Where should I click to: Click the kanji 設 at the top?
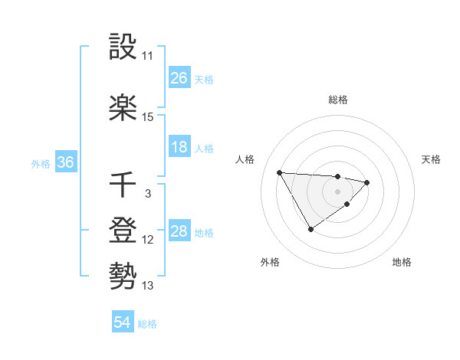point(123,47)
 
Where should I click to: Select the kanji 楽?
point(123,107)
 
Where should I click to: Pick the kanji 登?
point(123,231)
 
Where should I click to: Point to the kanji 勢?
point(123,275)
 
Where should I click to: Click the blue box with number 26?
point(179,78)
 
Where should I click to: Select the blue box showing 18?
point(179,147)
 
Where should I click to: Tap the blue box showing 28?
point(179,231)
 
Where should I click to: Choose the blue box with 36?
point(65,162)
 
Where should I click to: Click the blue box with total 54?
point(123,322)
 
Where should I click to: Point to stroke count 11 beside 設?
point(147,56)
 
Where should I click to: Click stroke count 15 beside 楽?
point(147,117)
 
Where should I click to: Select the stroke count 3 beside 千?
point(147,194)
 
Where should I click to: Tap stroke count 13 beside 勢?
point(147,286)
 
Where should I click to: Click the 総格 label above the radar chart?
point(337,100)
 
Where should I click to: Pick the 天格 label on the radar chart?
point(432,159)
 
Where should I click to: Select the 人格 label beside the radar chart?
point(245,159)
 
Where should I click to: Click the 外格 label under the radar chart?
point(270,262)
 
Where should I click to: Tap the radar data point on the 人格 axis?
point(280,172)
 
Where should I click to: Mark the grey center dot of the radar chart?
point(337,191)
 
